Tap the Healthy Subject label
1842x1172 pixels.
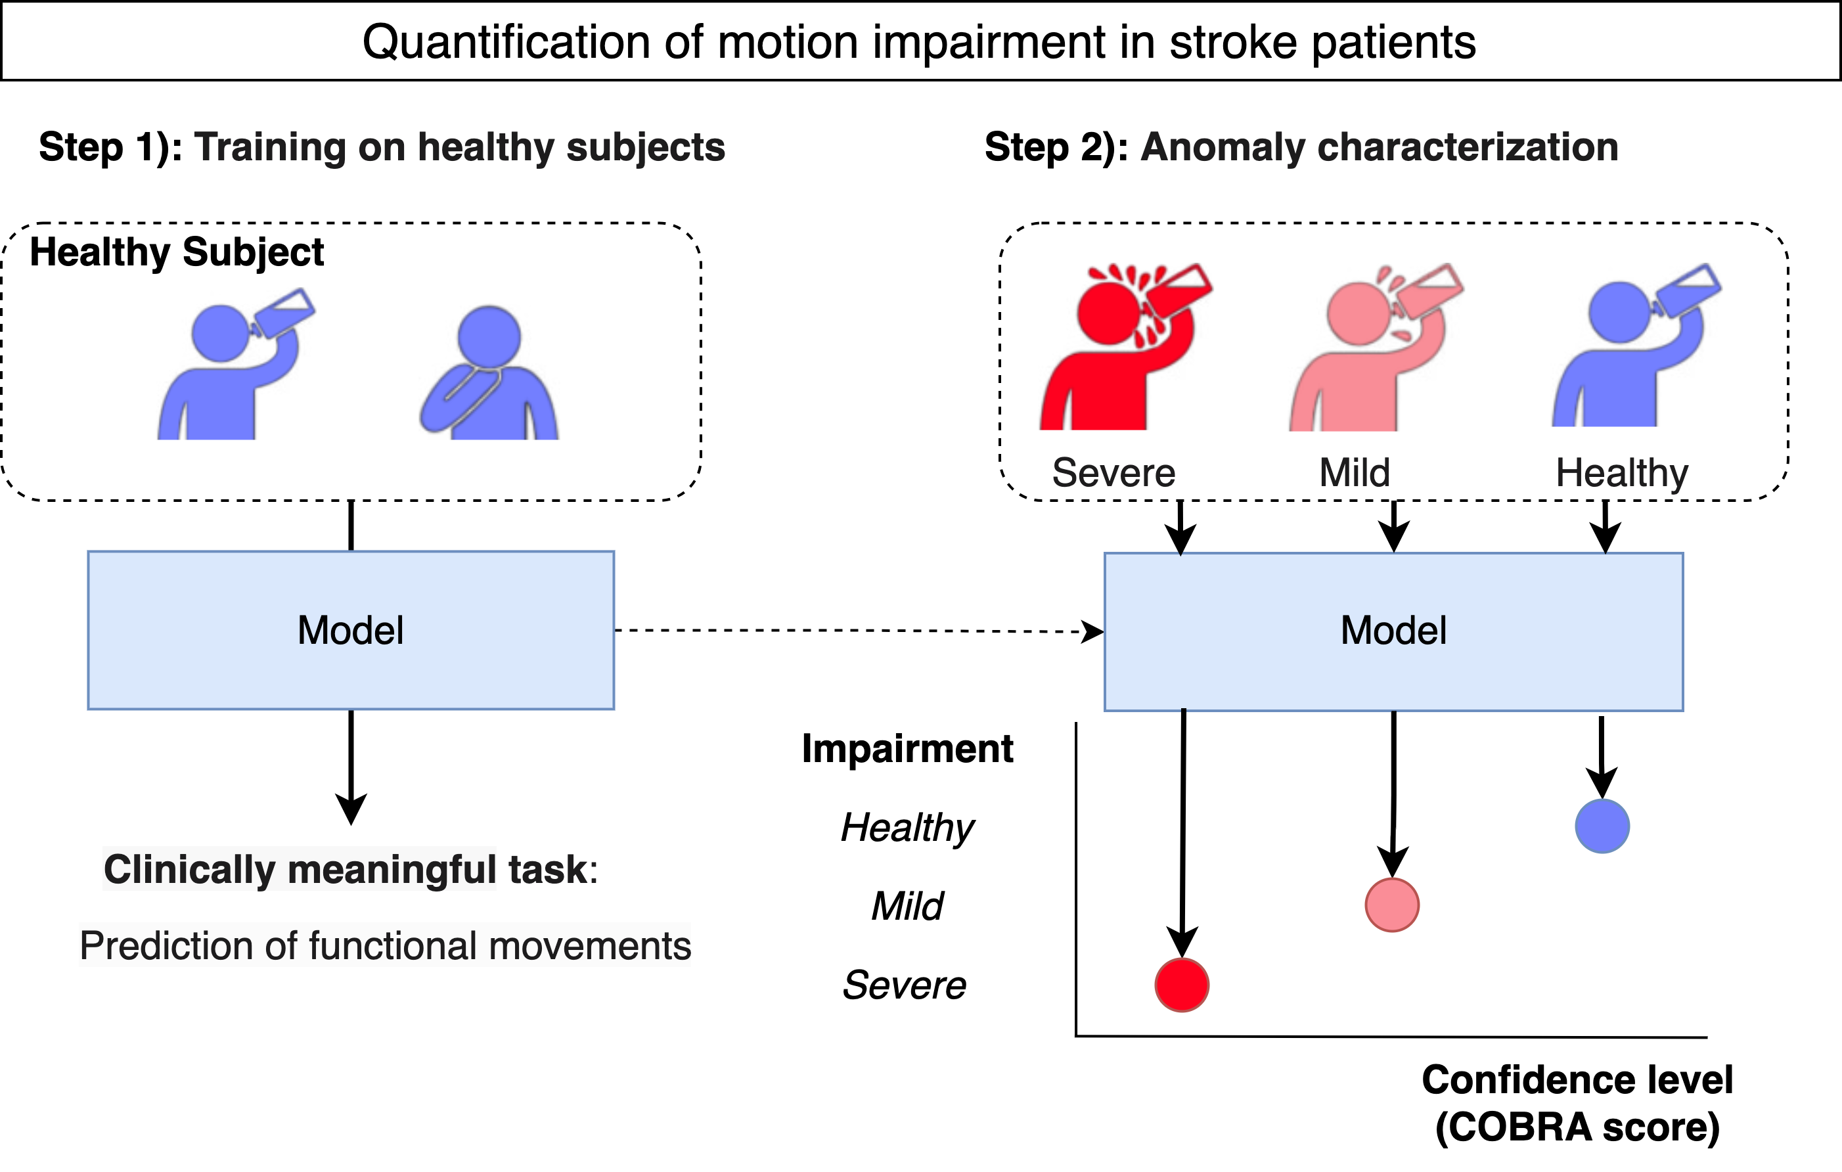pos(177,251)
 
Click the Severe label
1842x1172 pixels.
pos(1113,472)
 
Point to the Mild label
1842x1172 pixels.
pos(1354,472)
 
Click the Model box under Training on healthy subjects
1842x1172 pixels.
pos(350,631)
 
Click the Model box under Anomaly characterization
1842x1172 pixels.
pos(1393,631)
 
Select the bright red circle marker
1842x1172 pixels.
pos(1182,985)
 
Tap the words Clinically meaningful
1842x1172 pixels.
pos(300,869)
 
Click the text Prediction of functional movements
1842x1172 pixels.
pos(385,945)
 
